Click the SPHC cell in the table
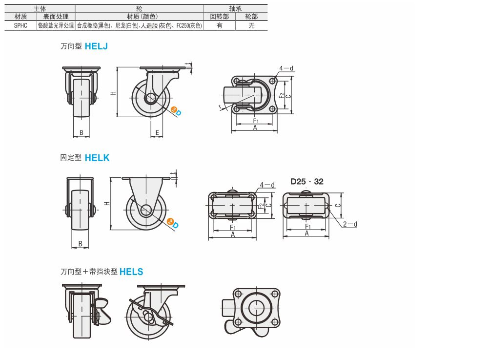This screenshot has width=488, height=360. [20, 25]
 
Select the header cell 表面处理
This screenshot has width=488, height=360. [56, 17]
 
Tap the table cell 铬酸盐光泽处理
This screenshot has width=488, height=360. [56, 25]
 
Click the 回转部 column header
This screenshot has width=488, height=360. [220, 17]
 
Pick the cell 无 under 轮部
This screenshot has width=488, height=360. [251, 25]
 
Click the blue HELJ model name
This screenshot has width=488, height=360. [96, 46]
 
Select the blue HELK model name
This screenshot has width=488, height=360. [97, 158]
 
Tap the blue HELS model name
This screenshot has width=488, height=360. [131, 272]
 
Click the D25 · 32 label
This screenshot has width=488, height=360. [307, 182]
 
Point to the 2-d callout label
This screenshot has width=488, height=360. [350, 224]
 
